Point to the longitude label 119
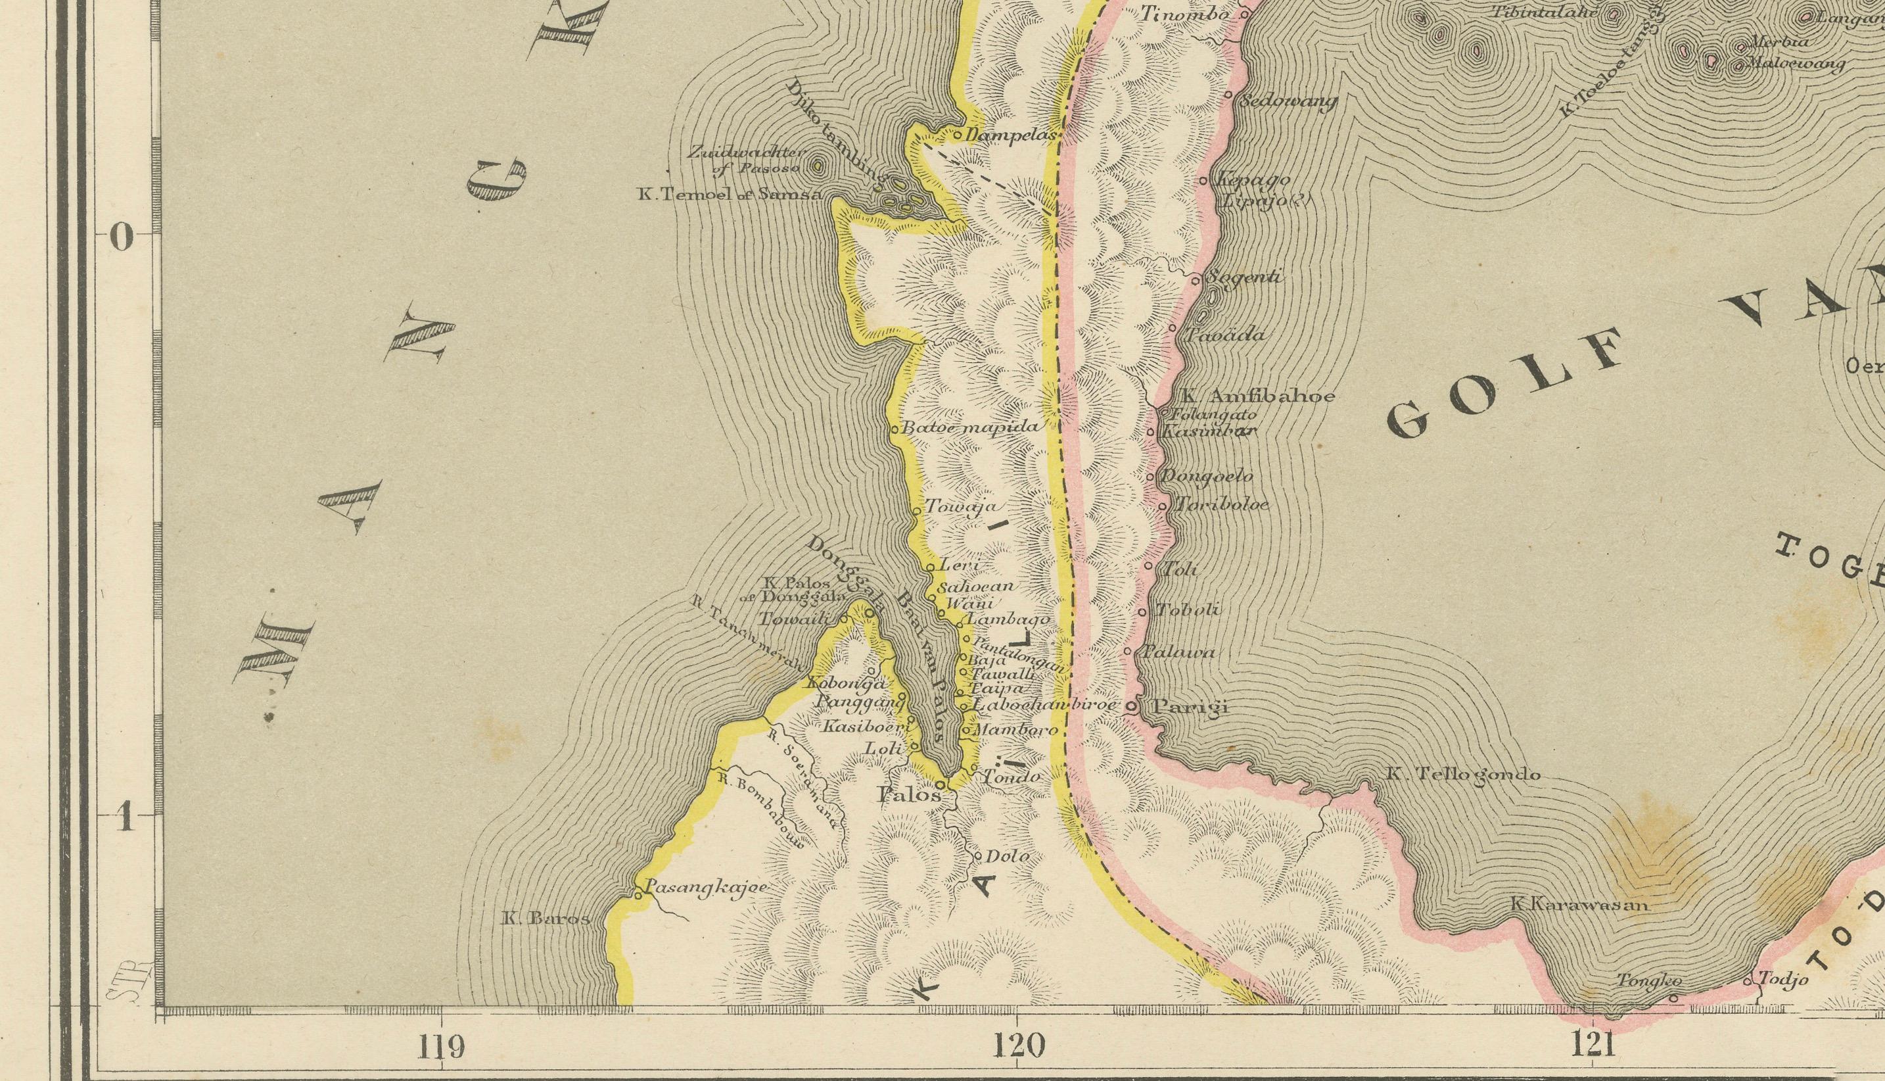coord(442,1046)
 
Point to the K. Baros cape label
coord(546,919)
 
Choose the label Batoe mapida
coord(972,427)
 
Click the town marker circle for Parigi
coord(1132,707)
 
